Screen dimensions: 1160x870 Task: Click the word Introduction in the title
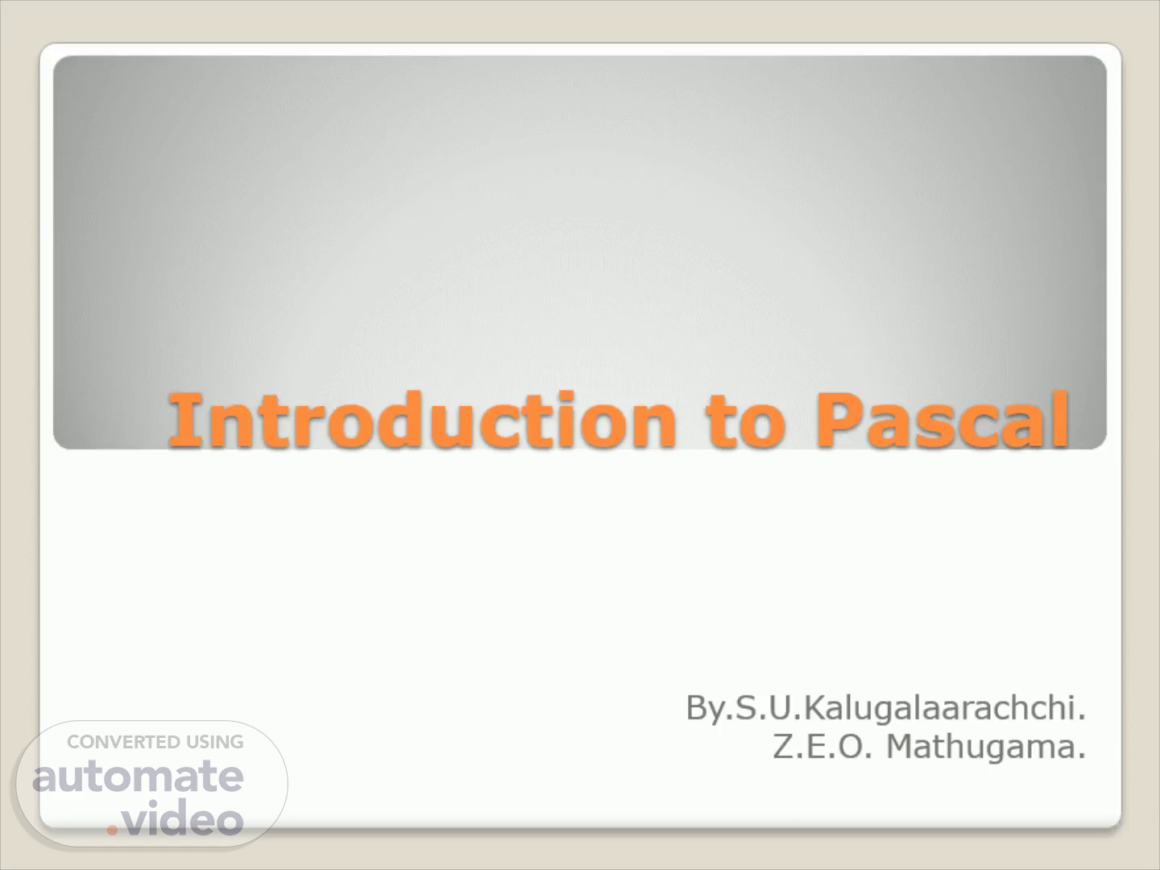(x=422, y=421)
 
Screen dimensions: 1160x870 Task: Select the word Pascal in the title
(x=942, y=420)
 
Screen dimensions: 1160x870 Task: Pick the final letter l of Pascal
(x=1060, y=420)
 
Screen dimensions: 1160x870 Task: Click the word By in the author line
(x=704, y=709)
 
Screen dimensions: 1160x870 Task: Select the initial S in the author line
(x=746, y=707)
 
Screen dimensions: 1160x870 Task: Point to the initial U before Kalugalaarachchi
(x=780, y=707)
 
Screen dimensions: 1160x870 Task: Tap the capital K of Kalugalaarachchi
(x=815, y=707)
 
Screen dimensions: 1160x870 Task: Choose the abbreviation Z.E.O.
(x=822, y=748)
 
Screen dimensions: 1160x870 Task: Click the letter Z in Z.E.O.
(x=783, y=748)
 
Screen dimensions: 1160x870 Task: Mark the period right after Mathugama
(x=1081, y=757)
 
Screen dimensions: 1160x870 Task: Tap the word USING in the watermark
(x=214, y=742)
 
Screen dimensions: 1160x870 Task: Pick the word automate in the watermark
(x=138, y=777)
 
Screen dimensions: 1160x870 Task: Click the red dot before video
(x=112, y=831)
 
